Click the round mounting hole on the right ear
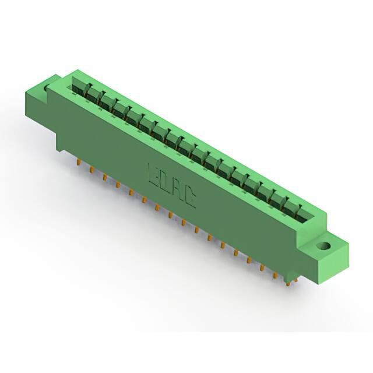[324, 246]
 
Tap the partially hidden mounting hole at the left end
[47, 87]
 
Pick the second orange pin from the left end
[91, 170]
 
